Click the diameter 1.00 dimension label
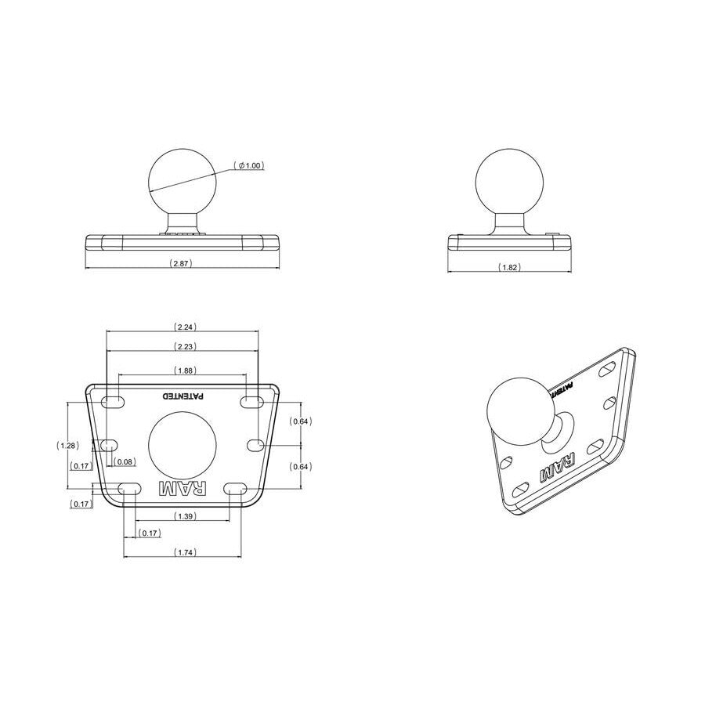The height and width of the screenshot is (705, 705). (x=248, y=165)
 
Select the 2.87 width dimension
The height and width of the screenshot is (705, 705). (x=181, y=263)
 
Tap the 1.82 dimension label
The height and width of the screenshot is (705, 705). (x=509, y=267)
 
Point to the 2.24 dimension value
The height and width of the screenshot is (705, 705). (x=185, y=327)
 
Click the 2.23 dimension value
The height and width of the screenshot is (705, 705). (x=185, y=346)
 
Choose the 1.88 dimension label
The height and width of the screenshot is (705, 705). (x=185, y=371)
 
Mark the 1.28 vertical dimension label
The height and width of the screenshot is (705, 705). (x=68, y=446)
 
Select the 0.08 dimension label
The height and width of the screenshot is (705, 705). (x=124, y=461)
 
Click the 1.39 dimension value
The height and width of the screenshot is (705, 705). (x=185, y=516)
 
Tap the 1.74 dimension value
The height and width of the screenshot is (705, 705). (x=185, y=552)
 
